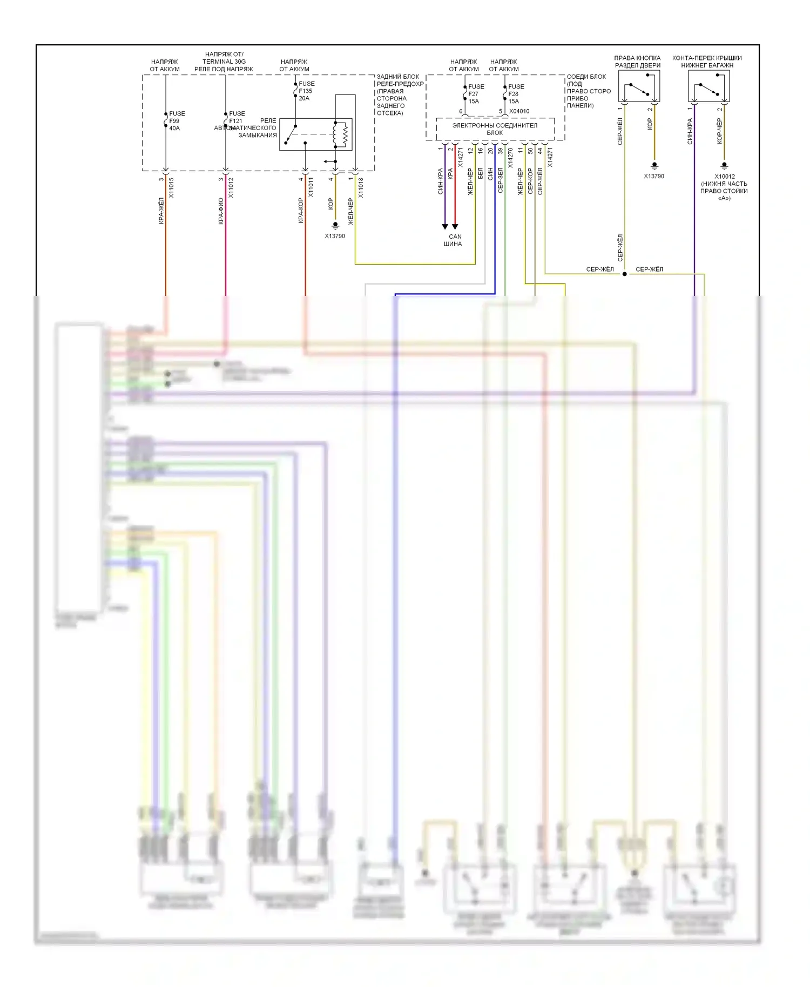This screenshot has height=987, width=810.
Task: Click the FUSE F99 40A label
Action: (x=176, y=121)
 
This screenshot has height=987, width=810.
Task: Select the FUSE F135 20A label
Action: (x=306, y=91)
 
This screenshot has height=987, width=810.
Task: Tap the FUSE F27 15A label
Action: (x=475, y=93)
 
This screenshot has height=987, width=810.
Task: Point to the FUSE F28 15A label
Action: (x=515, y=93)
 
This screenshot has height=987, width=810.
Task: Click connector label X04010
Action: (x=519, y=111)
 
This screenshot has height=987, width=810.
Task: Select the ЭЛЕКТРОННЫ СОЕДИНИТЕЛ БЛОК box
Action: (x=495, y=129)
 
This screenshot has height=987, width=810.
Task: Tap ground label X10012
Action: (x=724, y=176)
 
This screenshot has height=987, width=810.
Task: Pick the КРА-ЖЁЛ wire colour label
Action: (x=161, y=211)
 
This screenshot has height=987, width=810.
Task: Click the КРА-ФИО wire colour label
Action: (x=221, y=211)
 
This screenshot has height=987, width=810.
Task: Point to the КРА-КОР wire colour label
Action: (x=301, y=210)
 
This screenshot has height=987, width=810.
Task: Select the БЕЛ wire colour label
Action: (x=480, y=174)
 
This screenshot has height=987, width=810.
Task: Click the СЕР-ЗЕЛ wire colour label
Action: (x=501, y=180)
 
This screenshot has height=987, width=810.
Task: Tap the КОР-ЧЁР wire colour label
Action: (x=719, y=131)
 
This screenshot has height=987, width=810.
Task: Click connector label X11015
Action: (x=171, y=187)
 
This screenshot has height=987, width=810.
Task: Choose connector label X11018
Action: (x=361, y=187)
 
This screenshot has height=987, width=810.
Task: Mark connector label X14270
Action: (x=510, y=158)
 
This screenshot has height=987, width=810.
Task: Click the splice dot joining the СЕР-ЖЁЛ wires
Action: (x=625, y=274)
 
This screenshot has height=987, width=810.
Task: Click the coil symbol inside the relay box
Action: (x=341, y=134)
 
